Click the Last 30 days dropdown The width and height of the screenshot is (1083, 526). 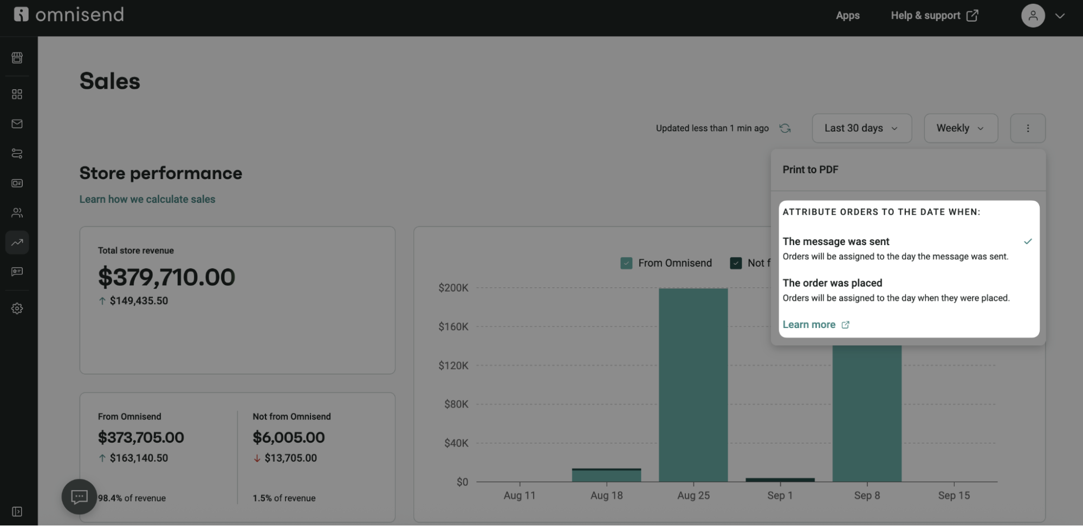[861, 128]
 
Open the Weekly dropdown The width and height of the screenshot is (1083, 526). [961, 128]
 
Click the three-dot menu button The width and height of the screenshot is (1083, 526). [1027, 128]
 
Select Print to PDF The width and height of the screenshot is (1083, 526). [810, 170]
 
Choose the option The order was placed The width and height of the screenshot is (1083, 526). [832, 283]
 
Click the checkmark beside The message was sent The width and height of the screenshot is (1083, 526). [1027, 241]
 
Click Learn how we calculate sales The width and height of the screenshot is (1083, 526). [147, 199]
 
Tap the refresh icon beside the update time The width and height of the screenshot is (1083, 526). [784, 128]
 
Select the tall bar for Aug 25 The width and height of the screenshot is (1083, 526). [693, 384]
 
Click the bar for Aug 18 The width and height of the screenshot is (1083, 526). [606, 475]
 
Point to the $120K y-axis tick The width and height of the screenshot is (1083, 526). [453, 365]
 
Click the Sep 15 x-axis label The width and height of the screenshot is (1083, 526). [954, 495]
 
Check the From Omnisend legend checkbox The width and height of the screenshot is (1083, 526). [626, 263]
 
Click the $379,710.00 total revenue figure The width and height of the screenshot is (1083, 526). [166, 277]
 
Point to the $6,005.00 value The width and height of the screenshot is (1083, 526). [288, 437]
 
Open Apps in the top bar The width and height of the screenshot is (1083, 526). [847, 16]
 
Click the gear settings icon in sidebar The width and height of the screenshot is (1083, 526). [17, 308]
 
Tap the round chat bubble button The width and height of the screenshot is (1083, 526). [79, 496]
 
